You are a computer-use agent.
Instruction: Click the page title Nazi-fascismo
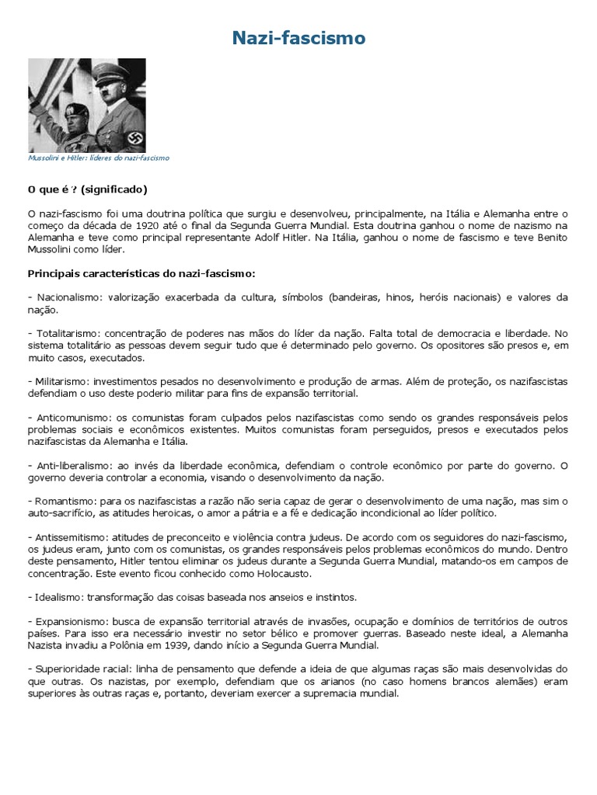pyautogui.click(x=298, y=37)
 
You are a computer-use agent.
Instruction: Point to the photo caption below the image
pyautogui.click(x=99, y=158)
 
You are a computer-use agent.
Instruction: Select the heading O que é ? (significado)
pyautogui.click(x=87, y=189)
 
